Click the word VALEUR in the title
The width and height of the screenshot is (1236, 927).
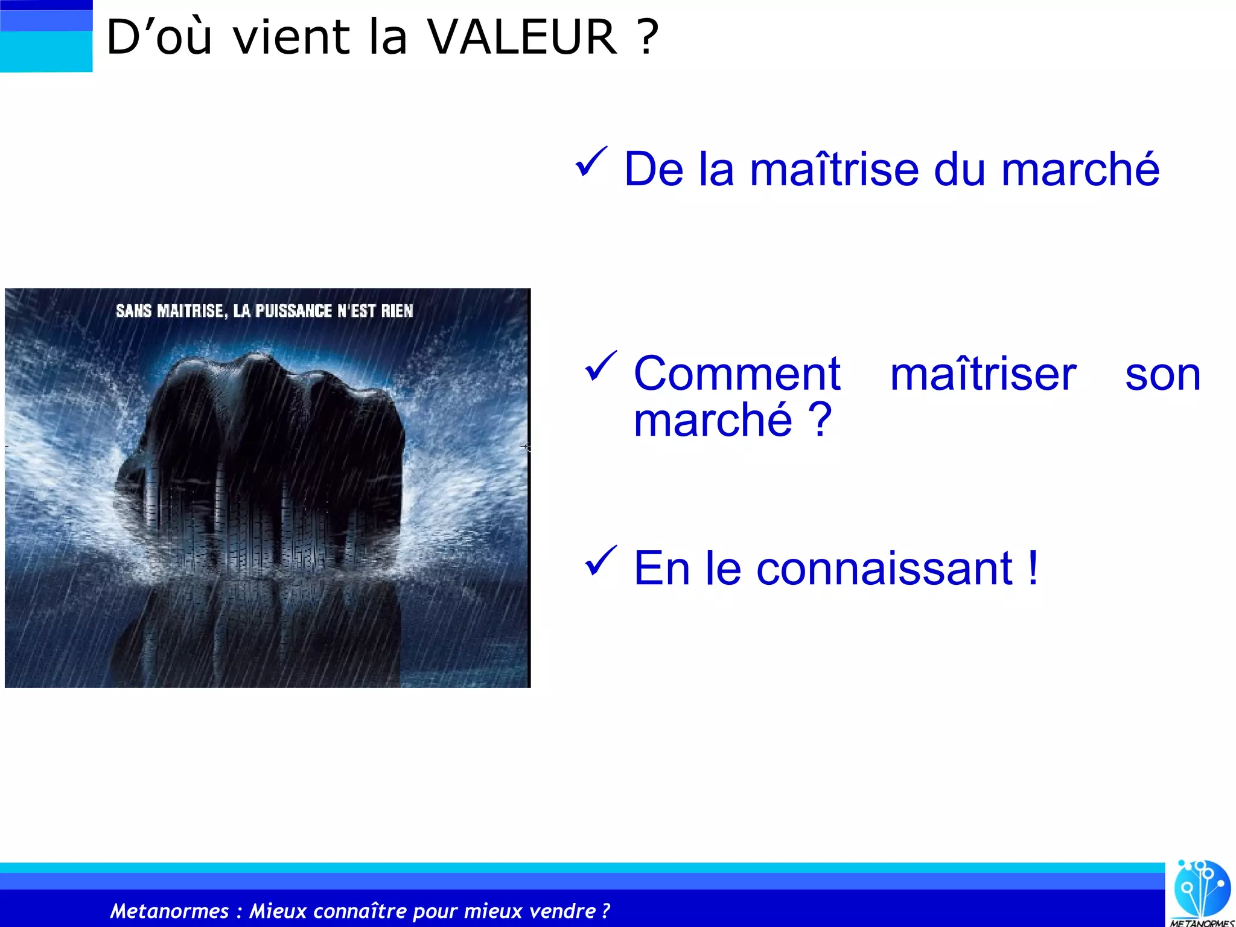pos(523,37)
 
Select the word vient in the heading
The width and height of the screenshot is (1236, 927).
pos(291,37)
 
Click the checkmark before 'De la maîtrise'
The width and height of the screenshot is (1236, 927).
pos(591,163)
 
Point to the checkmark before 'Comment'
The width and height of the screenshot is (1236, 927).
pos(600,367)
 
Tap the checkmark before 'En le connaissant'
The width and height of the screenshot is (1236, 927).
pos(600,561)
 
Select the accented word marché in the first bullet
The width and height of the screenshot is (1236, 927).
pos(1080,170)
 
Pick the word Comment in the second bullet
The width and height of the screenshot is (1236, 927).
pos(736,374)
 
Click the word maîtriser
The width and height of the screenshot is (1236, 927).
pos(983,374)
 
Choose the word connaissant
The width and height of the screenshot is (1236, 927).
pos(884,569)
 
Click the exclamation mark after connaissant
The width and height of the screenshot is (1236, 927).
pos(1033,569)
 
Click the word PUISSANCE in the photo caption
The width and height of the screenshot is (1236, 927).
pos(293,311)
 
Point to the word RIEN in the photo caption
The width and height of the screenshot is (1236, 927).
pos(397,311)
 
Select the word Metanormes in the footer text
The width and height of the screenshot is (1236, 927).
pos(170,911)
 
